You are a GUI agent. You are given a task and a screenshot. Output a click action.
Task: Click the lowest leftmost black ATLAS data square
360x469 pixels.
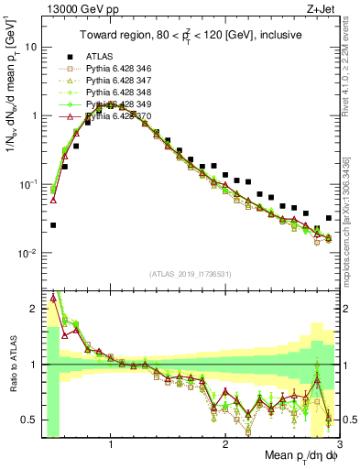(x=53, y=225)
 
